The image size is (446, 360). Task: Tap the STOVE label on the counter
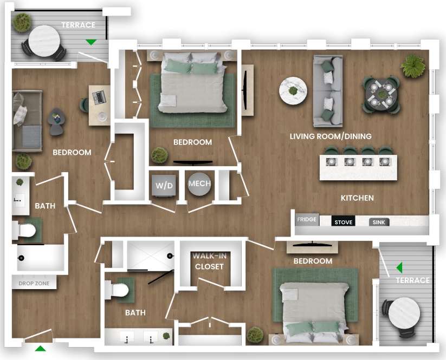tap(343, 222)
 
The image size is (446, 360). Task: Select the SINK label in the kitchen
tap(379, 222)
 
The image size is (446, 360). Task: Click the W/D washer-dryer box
tap(164, 186)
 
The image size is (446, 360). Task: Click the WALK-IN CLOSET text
tap(209, 262)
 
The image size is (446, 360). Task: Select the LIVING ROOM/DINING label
tap(331, 136)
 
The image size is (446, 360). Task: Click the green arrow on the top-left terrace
tap(91, 42)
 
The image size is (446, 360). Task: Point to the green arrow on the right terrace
tap(399, 267)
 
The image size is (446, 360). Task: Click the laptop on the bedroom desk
tap(99, 98)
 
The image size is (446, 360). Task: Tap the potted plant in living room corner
tap(413, 66)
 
